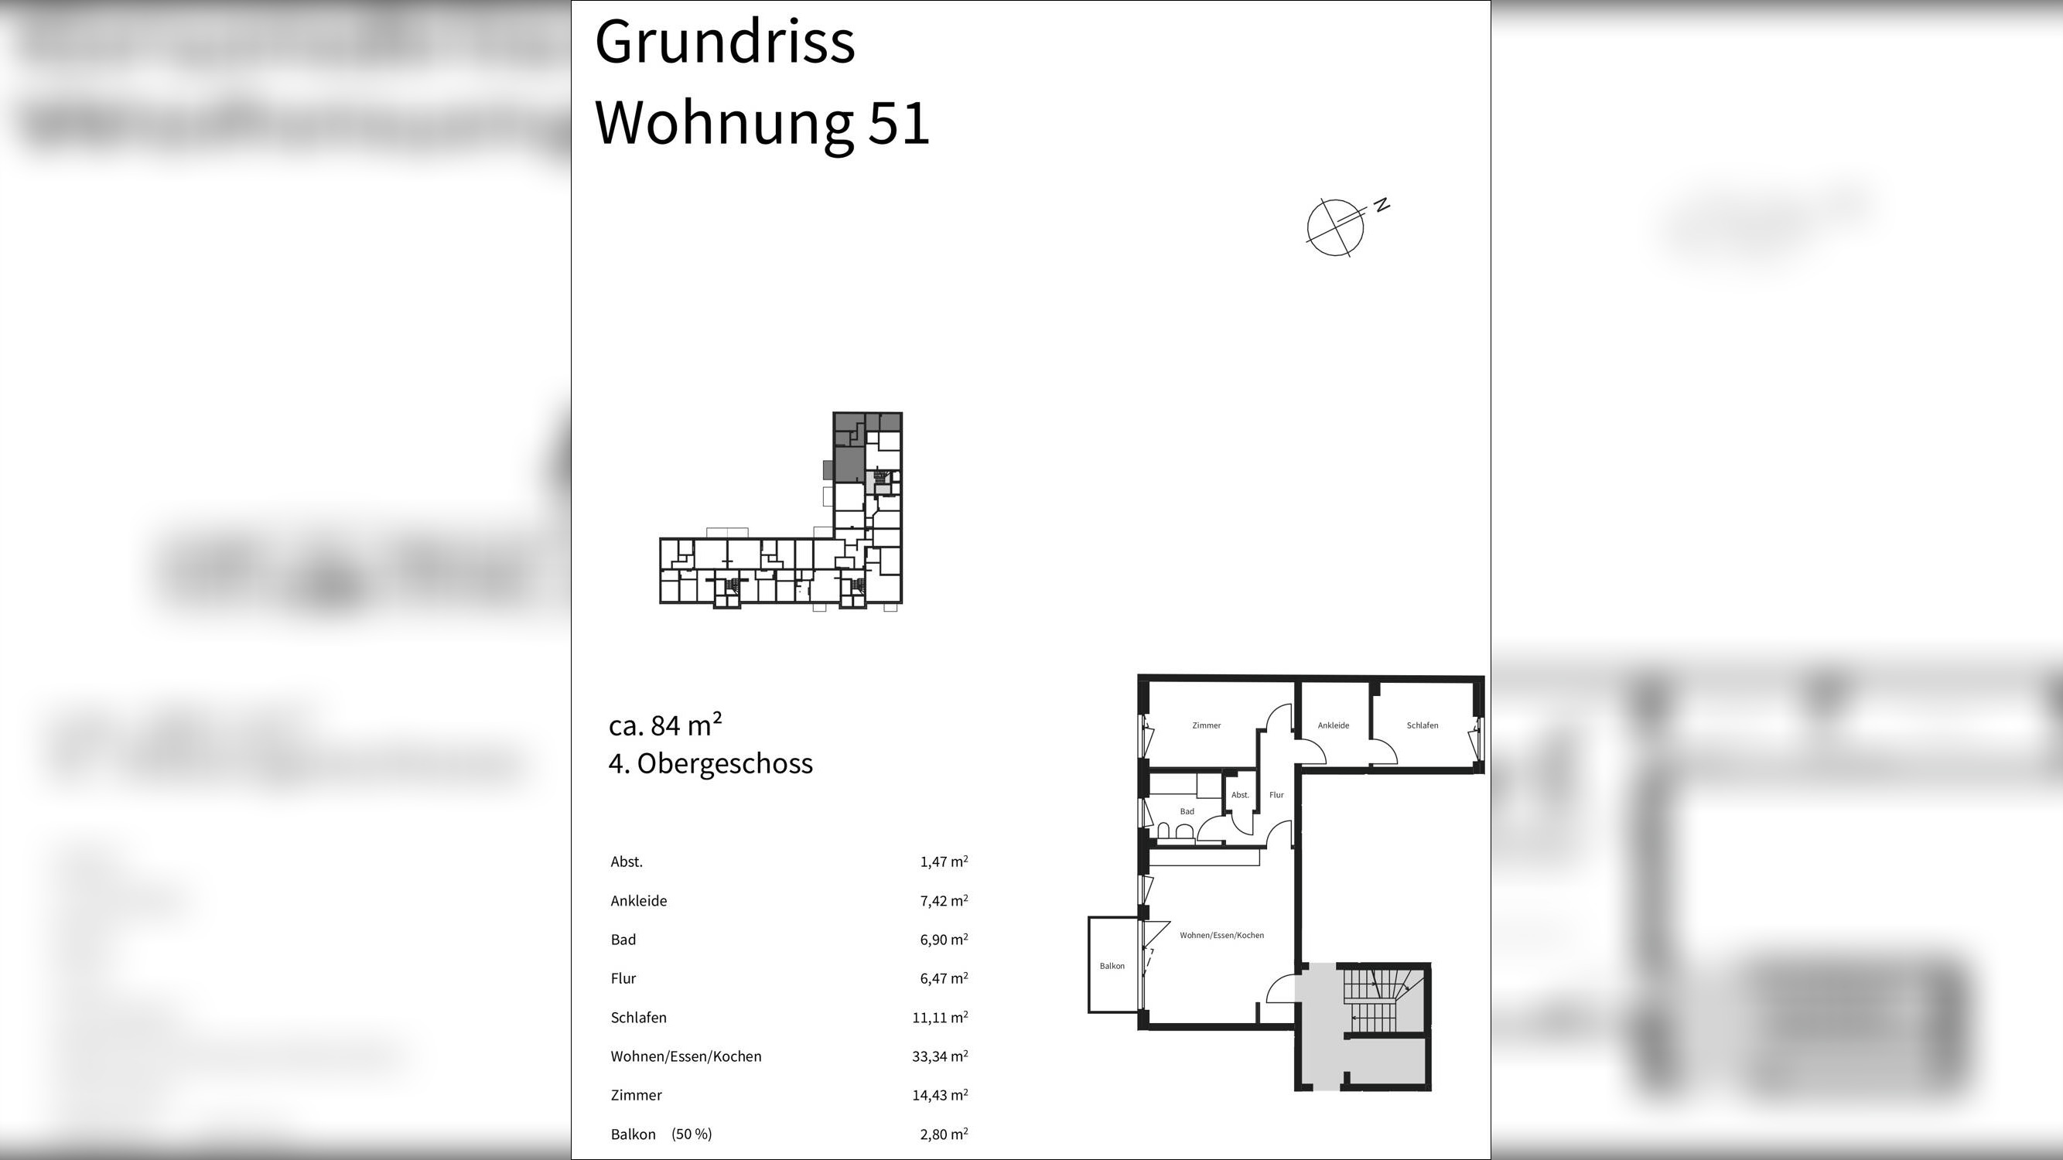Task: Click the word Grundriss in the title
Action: click(x=725, y=43)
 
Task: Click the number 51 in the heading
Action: click(x=899, y=124)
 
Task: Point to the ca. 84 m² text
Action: click(x=664, y=725)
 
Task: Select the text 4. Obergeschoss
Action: click(x=710, y=764)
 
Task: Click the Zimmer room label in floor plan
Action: click(x=1206, y=725)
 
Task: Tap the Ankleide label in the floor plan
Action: click(x=1334, y=725)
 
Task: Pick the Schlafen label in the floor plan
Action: click(x=1423, y=725)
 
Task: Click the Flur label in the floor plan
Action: click(x=1276, y=795)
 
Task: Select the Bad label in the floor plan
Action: click(x=1187, y=812)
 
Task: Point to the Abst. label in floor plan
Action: click(x=1240, y=795)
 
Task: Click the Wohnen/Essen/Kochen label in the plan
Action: click(x=1221, y=935)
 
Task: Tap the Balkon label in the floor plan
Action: click(x=1112, y=966)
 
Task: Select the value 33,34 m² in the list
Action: click(x=939, y=1056)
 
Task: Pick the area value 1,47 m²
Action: click(x=944, y=862)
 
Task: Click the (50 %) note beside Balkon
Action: click(x=691, y=1134)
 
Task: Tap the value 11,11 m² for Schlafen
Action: click(x=939, y=1018)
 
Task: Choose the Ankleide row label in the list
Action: click(x=638, y=901)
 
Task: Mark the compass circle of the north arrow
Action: click(x=1334, y=228)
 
